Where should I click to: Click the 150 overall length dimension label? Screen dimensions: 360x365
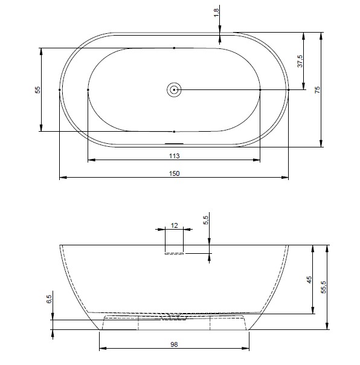click(174, 173)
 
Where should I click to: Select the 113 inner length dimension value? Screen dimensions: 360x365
click(174, 156)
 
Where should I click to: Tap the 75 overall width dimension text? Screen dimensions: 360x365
click(317, 89)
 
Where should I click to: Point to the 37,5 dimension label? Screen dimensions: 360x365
click(300, 61)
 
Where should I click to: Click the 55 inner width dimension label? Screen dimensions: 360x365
click(37, 89)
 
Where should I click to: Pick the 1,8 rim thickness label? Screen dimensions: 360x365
click(216, 12)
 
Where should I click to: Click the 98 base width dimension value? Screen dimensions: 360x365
click(174, 344)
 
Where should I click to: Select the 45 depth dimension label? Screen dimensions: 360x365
click(309, 280)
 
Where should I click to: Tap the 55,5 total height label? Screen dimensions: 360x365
click(323, 287)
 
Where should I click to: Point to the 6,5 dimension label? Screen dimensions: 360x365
click(49, 299)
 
